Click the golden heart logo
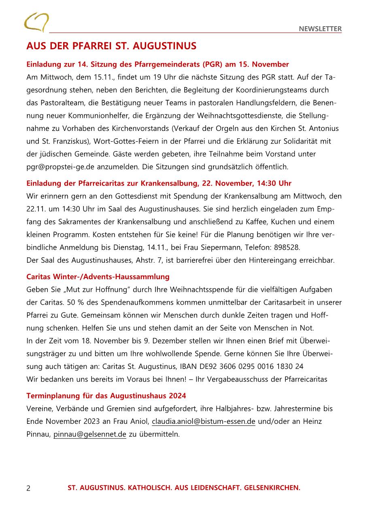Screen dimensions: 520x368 click(36, 22)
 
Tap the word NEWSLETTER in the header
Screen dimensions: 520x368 click(320, 29)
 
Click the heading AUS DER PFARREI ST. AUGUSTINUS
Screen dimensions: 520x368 click(111, 46)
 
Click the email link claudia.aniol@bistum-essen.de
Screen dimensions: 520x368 click(204, 421)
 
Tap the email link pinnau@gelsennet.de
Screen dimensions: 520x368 click(90, 434)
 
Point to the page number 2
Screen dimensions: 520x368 click(28, 488)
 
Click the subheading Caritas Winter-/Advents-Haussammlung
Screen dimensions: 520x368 click(98, 277)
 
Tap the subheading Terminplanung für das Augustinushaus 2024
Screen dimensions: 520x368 click(106, 396)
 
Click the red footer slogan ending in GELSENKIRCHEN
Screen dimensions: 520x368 click(184, 488)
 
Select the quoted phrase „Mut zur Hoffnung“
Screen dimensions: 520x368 click(91, 290)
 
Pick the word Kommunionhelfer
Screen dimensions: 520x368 click(86, 116)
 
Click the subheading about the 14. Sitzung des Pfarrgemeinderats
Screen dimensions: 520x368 click(157, 64)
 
